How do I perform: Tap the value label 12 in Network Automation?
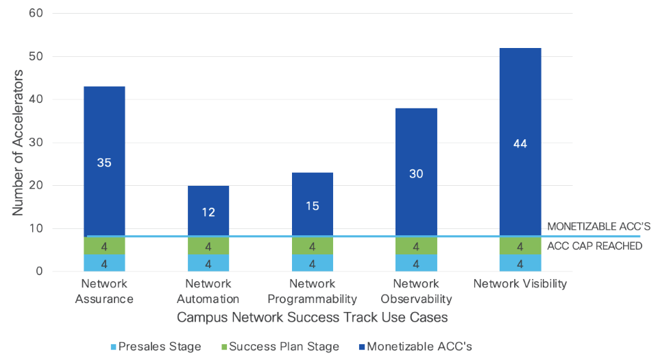tap(208, 212)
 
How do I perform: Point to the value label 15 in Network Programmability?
tap(313, 206)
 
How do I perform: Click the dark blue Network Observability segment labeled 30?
tap(417, 173)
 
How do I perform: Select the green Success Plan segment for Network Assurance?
tap(104, 246)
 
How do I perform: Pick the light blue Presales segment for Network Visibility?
tap(521, 263)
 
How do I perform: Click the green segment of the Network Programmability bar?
tap(313, 246)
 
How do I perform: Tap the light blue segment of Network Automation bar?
tap(208, 263)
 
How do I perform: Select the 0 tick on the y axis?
tap(38, 272)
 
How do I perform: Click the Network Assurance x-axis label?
tap(107, 291)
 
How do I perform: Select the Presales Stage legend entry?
tap(156, 346)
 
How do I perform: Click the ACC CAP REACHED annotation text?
tap(595, 246)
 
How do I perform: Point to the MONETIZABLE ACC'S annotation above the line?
tap(598, 227)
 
